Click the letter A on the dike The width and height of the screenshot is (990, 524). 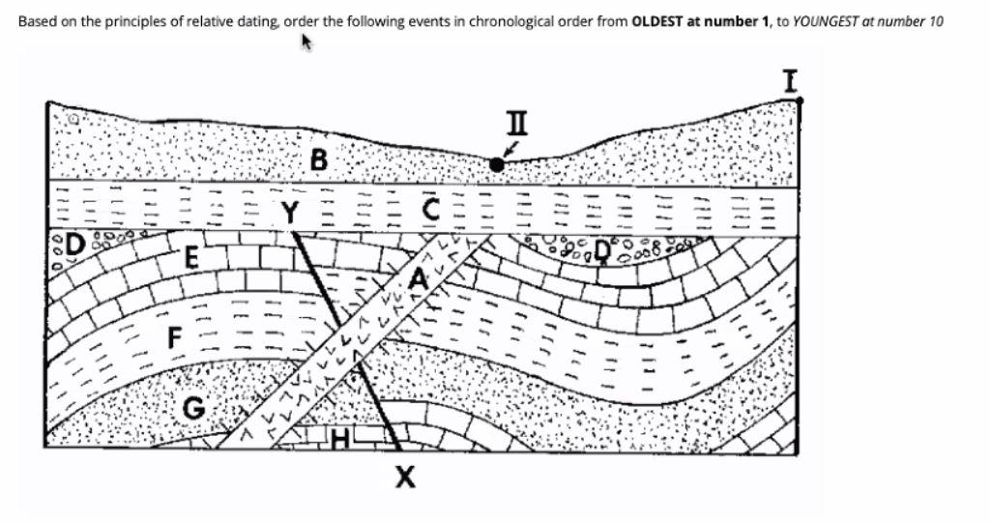coord(419,278)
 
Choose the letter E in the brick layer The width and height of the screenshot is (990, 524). coord(191,259)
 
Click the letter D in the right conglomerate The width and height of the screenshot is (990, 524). coord(602,251)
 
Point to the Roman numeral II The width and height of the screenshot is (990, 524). coord(517,123)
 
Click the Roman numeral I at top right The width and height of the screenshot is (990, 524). coord(790,79)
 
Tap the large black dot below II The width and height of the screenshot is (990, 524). coord(497,165)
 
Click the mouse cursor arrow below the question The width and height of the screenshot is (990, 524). coord(307,42)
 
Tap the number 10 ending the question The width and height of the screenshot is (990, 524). coord(935,21)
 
